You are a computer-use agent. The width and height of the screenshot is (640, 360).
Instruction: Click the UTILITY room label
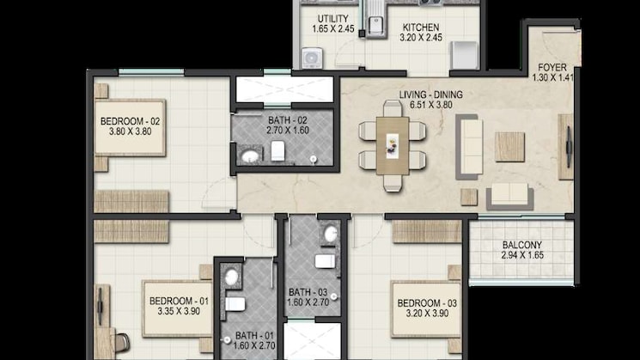332,19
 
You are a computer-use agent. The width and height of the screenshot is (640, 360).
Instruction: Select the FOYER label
551,68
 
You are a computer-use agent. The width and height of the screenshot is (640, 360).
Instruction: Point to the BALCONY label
521,245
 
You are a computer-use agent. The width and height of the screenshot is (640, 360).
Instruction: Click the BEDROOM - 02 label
131,122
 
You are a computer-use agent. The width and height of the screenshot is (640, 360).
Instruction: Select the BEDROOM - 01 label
179,301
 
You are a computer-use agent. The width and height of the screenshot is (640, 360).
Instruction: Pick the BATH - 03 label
308,291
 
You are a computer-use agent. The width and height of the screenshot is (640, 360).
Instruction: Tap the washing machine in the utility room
311,58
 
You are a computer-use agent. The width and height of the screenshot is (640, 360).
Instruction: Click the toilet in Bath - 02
277,152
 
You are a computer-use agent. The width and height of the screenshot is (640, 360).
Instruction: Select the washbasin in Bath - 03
330,234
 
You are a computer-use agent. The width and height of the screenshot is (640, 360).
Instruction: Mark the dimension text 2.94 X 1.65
521,256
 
